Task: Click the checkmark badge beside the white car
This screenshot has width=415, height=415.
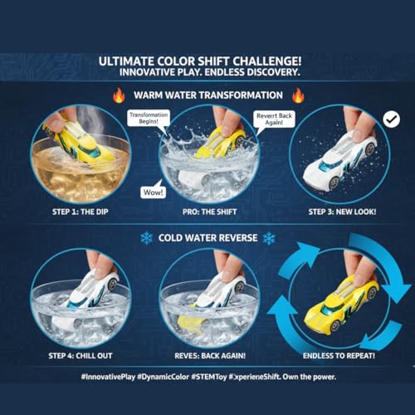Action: (392, 120)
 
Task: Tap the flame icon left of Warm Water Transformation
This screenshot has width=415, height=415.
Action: (119, 95)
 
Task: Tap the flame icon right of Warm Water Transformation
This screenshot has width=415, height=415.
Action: (298, 95)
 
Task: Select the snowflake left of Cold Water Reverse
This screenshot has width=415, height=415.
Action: (146, 238)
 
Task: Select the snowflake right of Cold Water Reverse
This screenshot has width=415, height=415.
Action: (269, 238)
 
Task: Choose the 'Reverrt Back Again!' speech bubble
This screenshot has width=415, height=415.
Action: (273, 120)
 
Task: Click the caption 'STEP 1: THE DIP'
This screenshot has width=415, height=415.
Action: (81, 212)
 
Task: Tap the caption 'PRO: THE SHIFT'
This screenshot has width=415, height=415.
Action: (209, 212)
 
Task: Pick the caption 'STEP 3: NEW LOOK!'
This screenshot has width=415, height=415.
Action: (342, 212)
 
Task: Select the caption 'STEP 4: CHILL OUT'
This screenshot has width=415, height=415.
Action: (81, 356)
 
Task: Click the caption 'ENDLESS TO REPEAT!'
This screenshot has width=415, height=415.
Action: (339, 356)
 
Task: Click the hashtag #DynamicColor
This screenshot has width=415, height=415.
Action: (164, 377)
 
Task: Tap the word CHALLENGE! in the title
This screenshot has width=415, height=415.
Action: (266, 61)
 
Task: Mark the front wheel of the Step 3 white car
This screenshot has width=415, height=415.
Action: (334, 181)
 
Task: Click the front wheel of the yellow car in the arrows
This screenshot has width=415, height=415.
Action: (334, 325)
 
